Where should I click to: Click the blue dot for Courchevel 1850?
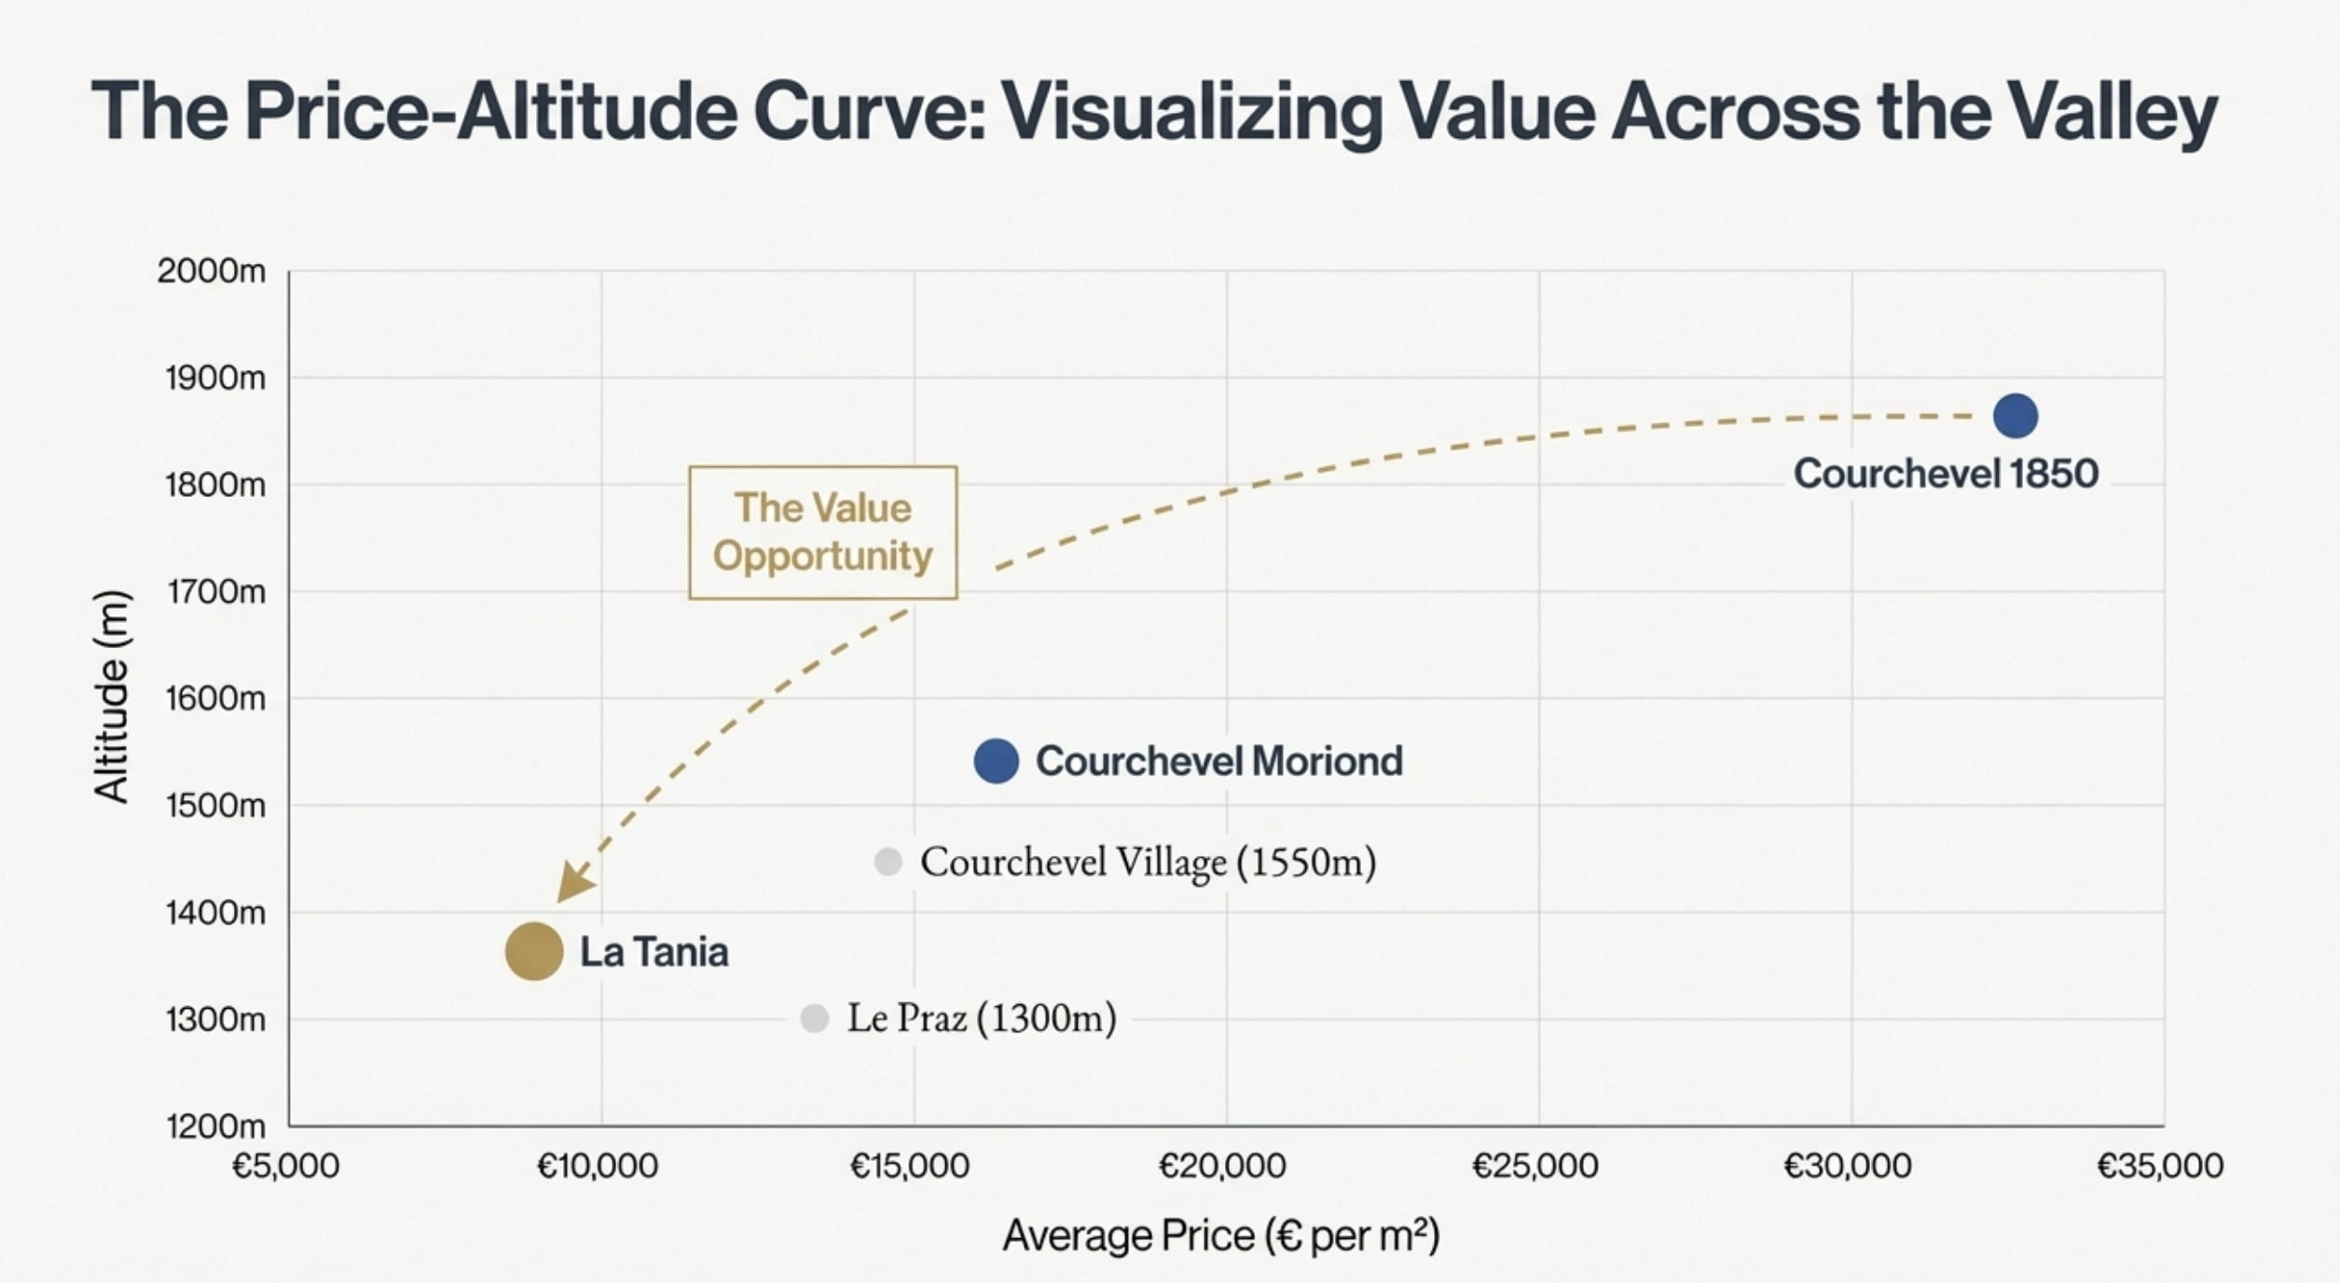(2015, 416)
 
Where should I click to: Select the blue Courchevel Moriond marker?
(996, 761)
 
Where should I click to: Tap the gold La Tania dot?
(534, 951)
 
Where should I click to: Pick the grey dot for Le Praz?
(814, 1018)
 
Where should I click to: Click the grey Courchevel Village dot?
(888, 862)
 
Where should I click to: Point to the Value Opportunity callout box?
(822, 532)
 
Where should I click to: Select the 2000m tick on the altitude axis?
(212, 271)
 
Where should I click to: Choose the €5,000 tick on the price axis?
(285, 1166)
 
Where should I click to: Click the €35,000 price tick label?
(2159, 1166)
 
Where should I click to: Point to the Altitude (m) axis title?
(112, 697)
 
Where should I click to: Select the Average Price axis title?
(1221, 1236)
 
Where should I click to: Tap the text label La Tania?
(654, 952)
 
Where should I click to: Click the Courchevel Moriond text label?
(1218, 761)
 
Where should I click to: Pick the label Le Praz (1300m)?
(981, 1018)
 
